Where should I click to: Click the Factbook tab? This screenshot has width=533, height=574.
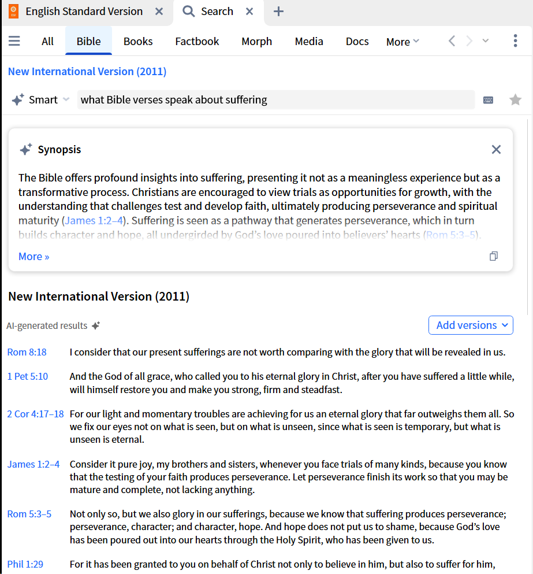click(197, 41)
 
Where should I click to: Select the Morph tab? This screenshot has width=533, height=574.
click(256, 41)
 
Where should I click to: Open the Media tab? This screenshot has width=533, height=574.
click(309, 41)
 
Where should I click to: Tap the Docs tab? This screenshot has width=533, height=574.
click(357, 41)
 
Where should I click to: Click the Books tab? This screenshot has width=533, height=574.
click(138, 41)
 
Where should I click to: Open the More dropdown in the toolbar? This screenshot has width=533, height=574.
click(402, 42)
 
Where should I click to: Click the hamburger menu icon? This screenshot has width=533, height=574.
click(14, 41)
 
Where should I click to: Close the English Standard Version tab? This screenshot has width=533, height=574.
click(159, 12)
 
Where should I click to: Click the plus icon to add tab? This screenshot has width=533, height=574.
click(278, 12)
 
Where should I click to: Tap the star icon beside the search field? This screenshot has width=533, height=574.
click(515, 100)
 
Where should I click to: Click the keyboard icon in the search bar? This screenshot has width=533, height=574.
click(488, 100)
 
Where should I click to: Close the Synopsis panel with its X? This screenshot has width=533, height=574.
click(496, 150)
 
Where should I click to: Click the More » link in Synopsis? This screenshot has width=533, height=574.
click(34, 257)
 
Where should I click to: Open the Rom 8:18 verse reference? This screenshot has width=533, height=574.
click(27, 352)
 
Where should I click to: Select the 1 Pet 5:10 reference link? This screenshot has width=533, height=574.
click(28, 376)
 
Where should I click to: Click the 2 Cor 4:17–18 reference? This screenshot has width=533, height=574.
click(35, 414)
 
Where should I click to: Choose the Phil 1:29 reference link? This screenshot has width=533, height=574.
click(25, 564)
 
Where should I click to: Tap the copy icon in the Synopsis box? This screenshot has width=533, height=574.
click(494, 256)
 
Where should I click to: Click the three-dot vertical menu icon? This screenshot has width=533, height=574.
click(515, 41)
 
